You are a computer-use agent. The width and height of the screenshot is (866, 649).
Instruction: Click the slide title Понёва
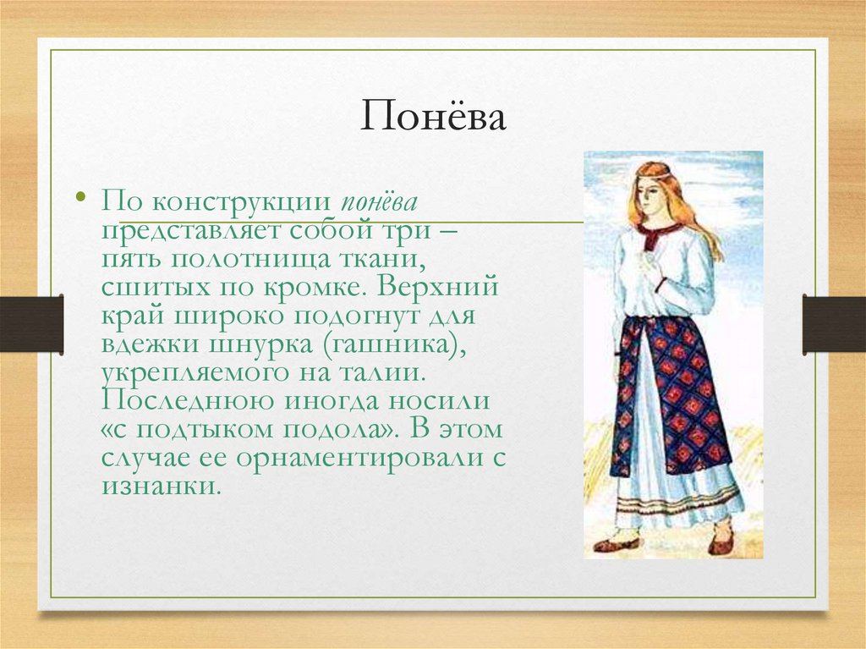coord(433,117)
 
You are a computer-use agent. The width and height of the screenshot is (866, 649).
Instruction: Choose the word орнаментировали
coord(346,459)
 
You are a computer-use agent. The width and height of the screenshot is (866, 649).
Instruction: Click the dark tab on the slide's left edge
coord(31,324)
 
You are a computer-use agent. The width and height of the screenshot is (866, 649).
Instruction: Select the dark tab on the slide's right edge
coord(834,324)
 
